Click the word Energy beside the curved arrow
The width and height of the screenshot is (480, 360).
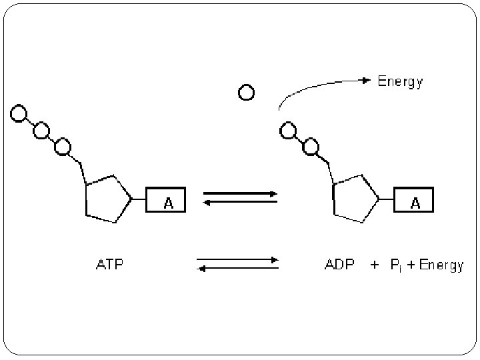click(400, 82)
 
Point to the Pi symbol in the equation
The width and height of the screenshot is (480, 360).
click(395, 265)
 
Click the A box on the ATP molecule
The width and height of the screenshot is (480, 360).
click(166, 200)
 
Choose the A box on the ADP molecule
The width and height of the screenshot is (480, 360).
click(413, 200)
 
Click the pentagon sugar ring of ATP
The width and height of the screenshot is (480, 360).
click(107, 199)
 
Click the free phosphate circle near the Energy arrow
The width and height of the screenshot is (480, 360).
click(246, 93)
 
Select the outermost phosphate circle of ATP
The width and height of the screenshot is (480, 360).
click(19, 114)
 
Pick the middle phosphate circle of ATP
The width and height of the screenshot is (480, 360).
click(41, 129)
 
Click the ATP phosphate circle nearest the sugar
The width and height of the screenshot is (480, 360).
click(63, 145)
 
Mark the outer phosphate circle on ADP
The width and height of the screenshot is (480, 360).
click(287, 130)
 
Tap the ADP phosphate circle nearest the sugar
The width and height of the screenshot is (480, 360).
click(309, 145)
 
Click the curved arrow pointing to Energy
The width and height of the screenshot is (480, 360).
click(320, 85)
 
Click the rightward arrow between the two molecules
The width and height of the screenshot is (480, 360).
click(240, 193)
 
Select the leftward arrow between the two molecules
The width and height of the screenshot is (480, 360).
click(240, 201)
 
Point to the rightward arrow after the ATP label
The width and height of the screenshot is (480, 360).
click(237, 259)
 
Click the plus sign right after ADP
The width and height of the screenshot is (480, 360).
click(375, 265)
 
